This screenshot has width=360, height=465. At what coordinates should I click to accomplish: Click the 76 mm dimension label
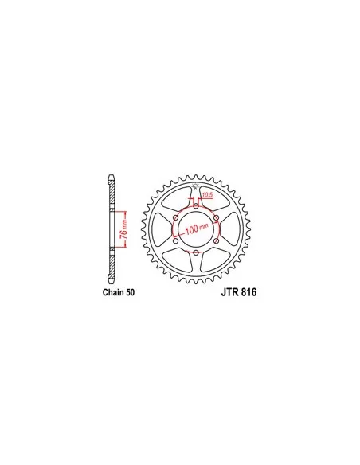pos(124,229)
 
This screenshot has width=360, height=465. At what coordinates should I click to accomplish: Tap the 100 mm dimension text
pos(197,229)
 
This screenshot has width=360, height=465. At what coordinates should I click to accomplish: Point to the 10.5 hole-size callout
pos(208,195)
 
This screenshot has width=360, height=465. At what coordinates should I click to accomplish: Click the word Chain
pos(113,292)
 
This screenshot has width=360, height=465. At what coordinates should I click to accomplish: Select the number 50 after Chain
pos(130,292)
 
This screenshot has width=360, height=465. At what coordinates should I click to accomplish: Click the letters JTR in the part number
pos(230,292)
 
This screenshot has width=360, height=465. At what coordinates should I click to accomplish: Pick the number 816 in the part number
pos(248,292)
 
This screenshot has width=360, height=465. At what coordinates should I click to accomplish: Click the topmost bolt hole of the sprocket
pos(196,206)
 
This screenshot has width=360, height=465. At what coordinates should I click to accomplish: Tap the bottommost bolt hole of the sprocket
pos(196,252)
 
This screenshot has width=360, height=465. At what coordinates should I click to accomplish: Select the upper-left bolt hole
pos(176,218)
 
